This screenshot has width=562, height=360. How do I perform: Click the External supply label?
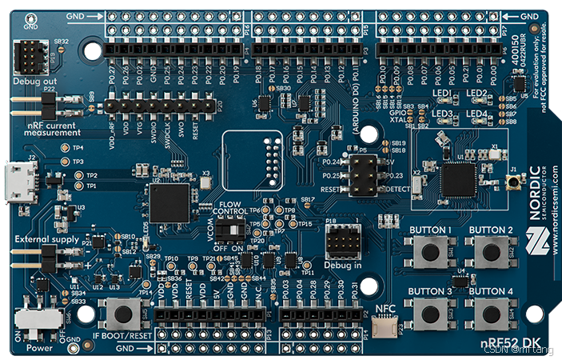point(40,238)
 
